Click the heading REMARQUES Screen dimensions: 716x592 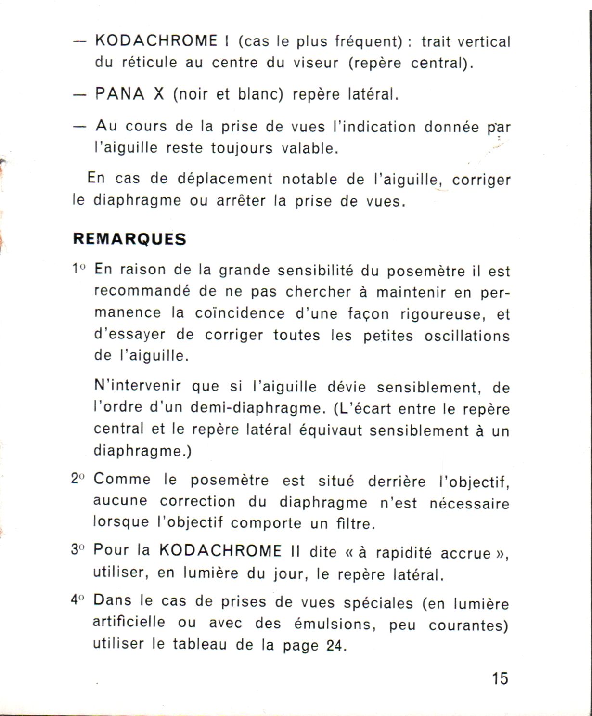pyautogui.click(x=129, y=239)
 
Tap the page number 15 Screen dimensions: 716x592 pyautogui.click(x=500, y=678)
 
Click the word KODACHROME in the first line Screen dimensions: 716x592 pyautogui.click(x=156, y=40)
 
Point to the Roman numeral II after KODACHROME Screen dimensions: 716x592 pyautogui.click(x=295, y=550)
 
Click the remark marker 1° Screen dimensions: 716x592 pyautogui.click(x=78, y=269)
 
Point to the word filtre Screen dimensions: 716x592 pyautogui.click(x=355, y=523)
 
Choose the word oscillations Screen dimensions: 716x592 pyautogui.click(x=467, y=336)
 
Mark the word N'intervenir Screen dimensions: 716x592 pyautogui.click(x=138, y=386)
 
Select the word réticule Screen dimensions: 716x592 pyautogui.click(x=149, y=63)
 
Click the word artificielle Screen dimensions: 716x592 pyautogui.click(x=129, y=622)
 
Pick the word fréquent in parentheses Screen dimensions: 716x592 pyautogui.click(x=368, y=41)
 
